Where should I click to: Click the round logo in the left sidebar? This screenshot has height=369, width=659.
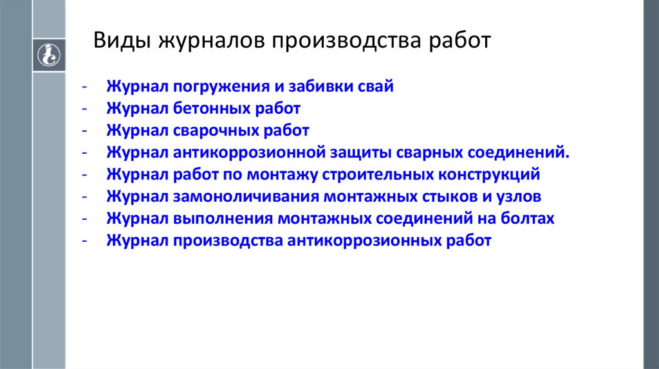coord(48,54)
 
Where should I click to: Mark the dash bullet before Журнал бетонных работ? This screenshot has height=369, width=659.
coord(84,109)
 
